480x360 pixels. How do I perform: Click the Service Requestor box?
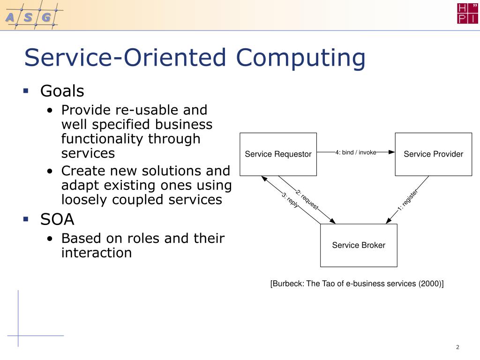click(x=278, y=154)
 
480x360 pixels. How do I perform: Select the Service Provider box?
click(x=433, y=154)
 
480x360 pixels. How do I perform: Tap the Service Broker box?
click(x=359, y=245)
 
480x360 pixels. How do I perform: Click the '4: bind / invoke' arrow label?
click(x=356, y=152)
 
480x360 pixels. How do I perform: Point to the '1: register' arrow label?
click(x=407, y=200)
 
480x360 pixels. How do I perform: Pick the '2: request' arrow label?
click(x=307, y=199)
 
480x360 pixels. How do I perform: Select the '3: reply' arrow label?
click(x=290, y=201)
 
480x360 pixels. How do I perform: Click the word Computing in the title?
click(x=300, y=58)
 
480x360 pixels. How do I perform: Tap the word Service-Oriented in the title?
click(x=126, y=58)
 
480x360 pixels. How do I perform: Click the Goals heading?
click(x=62, y=90)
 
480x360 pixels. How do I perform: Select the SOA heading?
click(x=57, y=219)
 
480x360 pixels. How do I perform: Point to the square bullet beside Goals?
click(x=26, y=90)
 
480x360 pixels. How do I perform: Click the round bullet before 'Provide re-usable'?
click(x=50, y=111)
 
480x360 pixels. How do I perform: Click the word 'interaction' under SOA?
click(x=97, y=253)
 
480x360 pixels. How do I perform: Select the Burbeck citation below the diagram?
click(x=357, y=284)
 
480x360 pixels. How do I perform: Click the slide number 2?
click(x=457, y=347)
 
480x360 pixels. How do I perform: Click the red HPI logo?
click(x=467, y=13)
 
